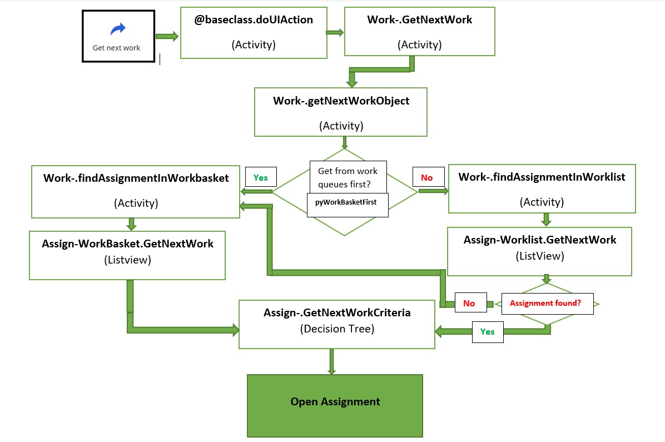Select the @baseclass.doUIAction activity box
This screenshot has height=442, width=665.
click(x=254, y=33)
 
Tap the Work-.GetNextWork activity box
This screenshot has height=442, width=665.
click(x=419, y=32)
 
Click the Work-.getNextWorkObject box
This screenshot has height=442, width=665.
click(x=341, y=112)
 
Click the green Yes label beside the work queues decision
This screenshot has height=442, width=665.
click(x=260, y=178)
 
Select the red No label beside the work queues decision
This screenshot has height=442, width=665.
click(x=427, y=178)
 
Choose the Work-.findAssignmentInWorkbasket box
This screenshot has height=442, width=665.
click(x=136, y=191)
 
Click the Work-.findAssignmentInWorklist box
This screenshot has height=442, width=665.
click(x=542, y=189)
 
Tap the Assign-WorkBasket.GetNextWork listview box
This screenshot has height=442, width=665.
click(x=127, y=255)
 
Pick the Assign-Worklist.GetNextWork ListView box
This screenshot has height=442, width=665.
click(x=539, y=251)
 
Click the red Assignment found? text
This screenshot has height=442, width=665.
click(x=545, y=304)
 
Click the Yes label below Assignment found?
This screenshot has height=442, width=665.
click(x=487, y=332)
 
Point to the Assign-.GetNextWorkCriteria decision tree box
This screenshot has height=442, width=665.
click(x=337, y=324)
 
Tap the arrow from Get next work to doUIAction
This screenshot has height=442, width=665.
click(x=167, y=37)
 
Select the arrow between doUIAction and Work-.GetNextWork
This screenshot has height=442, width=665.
click(x=335, y=33)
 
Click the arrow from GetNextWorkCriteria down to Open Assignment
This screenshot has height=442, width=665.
click(x=332, y=361)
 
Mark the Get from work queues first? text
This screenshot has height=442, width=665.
click(x=348, y=177)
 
